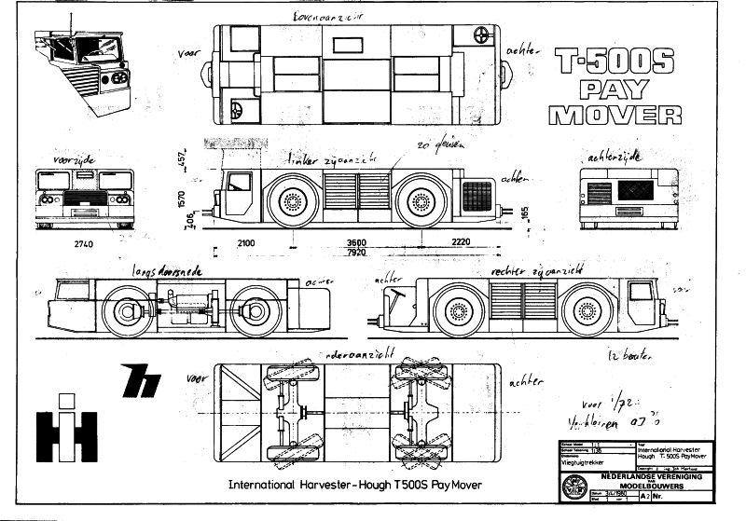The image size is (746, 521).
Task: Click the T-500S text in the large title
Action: click(x=615, y=62)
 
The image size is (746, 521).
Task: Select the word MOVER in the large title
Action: click(x=615, y=115)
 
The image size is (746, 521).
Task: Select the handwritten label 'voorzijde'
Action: click(x=76, y=160)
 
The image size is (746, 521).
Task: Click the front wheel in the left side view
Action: click(x=293, y=201)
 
